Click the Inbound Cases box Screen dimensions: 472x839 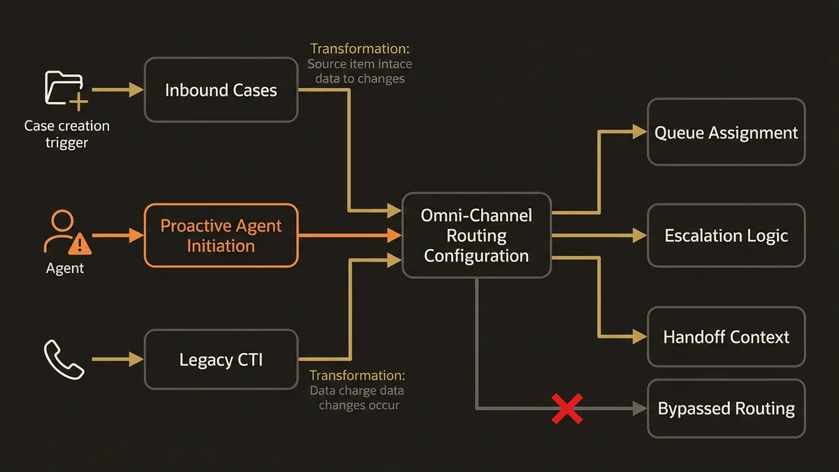pos(221,90)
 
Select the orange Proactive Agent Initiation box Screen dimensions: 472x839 pos(221,236)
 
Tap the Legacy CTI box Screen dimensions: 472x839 pos(221,360)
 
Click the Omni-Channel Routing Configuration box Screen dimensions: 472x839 pos(476,236)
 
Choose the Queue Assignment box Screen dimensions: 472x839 pos(726,132)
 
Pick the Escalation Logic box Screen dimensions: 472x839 pos(726,236)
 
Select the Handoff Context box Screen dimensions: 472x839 pos(726,337)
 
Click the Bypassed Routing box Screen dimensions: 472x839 pos(726,408)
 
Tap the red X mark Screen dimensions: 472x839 pos(567,408)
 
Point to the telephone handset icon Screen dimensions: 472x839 pos(64,359)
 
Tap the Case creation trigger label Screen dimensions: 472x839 pos(66,134)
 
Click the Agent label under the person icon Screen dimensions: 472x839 pos(65,269)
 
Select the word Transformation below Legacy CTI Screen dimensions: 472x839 pos(357,376)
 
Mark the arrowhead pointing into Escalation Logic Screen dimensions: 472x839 pos(639,236)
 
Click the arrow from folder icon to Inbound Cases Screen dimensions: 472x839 pos(117,90)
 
